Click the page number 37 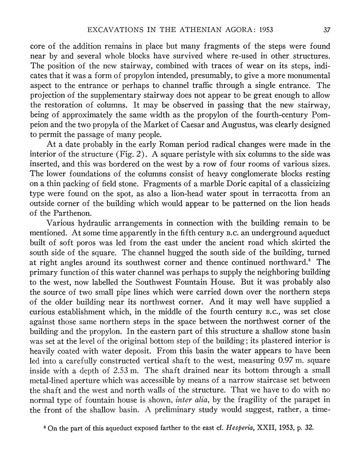coord(327,31)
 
